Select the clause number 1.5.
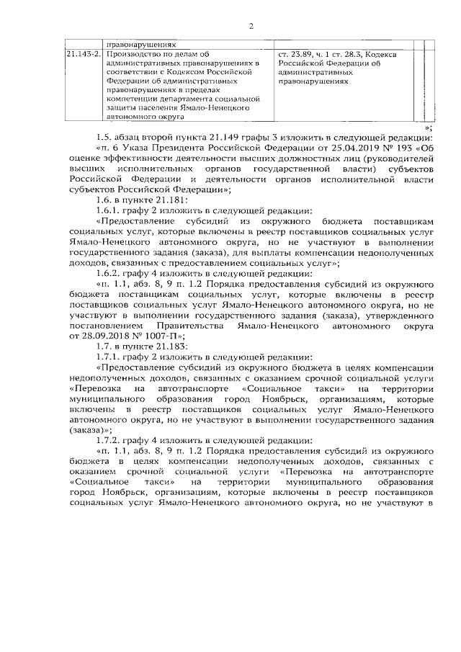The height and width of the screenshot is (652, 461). click(104, 139)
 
